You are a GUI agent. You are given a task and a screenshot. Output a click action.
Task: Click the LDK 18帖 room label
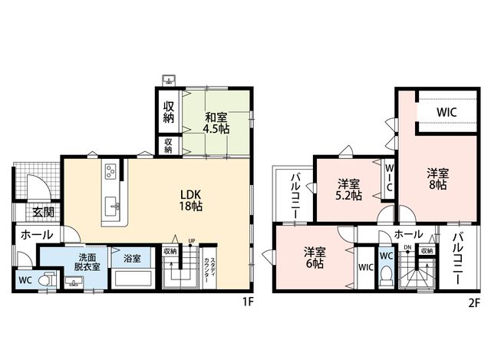pos(191,200)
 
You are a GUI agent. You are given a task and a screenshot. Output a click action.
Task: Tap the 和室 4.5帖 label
pos(216,123)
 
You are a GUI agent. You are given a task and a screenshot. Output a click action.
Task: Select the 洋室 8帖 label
pos(438,179)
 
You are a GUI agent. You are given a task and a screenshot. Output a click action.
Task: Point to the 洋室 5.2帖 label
pos(348,190)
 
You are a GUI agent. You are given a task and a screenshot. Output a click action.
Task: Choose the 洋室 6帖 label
pos(315,258)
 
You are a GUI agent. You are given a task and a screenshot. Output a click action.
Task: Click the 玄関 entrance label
pos(44,212)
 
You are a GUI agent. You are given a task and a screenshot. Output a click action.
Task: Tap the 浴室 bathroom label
pos(132,259)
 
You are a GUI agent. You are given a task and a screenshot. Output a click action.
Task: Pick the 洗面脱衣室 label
pos(87,263)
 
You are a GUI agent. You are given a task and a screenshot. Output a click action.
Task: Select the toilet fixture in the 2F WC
pos(387,275)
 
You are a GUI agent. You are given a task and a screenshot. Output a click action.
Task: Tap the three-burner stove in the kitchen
pos(110,172)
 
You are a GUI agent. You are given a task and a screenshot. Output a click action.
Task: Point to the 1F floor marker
pos(247,302)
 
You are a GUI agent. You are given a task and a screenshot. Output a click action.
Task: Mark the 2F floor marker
pos(474,303)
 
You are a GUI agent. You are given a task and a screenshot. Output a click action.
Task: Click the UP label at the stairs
pos(192,240)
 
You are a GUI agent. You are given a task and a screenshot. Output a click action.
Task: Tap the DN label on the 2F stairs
pos(407,247)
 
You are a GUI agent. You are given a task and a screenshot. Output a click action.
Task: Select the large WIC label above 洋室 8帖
pos(447,112)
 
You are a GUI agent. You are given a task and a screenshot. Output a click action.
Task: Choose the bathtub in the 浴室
pos(131,278)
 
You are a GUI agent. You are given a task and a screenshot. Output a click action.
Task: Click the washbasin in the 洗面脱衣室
pos(74,282)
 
